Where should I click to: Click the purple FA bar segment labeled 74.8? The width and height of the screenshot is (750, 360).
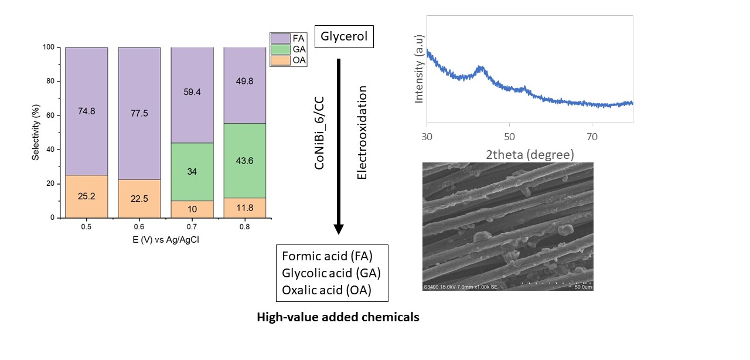pos(86,111)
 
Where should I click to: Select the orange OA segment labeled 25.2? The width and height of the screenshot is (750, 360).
pos(86,196)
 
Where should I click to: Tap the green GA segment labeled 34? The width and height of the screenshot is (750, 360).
pos(192,172)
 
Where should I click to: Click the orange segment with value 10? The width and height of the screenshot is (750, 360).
pos(192,209)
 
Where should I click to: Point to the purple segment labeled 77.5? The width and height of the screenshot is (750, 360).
pos(139,112)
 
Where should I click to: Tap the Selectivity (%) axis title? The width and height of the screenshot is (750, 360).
pos(37,133)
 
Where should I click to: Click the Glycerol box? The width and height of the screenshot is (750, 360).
pos(345,37)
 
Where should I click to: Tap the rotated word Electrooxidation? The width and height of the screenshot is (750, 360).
pos(362,133)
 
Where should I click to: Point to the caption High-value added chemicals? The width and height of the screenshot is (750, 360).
pos(338,317)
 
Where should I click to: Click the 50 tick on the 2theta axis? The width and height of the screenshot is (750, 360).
pos(509,137)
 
